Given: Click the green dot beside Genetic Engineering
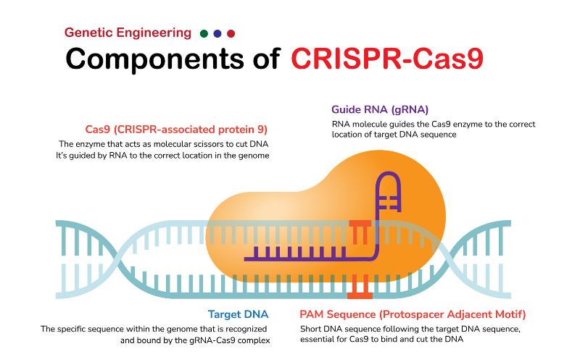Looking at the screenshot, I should [x=204, y=33].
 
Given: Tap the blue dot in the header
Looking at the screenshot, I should [x=217, y=33].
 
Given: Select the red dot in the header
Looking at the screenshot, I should [x=231, y=33].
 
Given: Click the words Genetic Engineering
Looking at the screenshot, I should [x=128, y=33].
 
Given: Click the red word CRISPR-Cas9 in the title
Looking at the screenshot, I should [x=386, y=59].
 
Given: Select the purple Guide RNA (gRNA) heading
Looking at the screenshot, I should [x=380, y=109].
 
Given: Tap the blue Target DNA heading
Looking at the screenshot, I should [x=238, y=314].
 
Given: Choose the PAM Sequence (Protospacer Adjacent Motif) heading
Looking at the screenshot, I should [x=413, y=314].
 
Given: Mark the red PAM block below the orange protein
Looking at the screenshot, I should [x=360, y=287].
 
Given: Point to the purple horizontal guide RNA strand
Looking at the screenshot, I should [x=304, y=256].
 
